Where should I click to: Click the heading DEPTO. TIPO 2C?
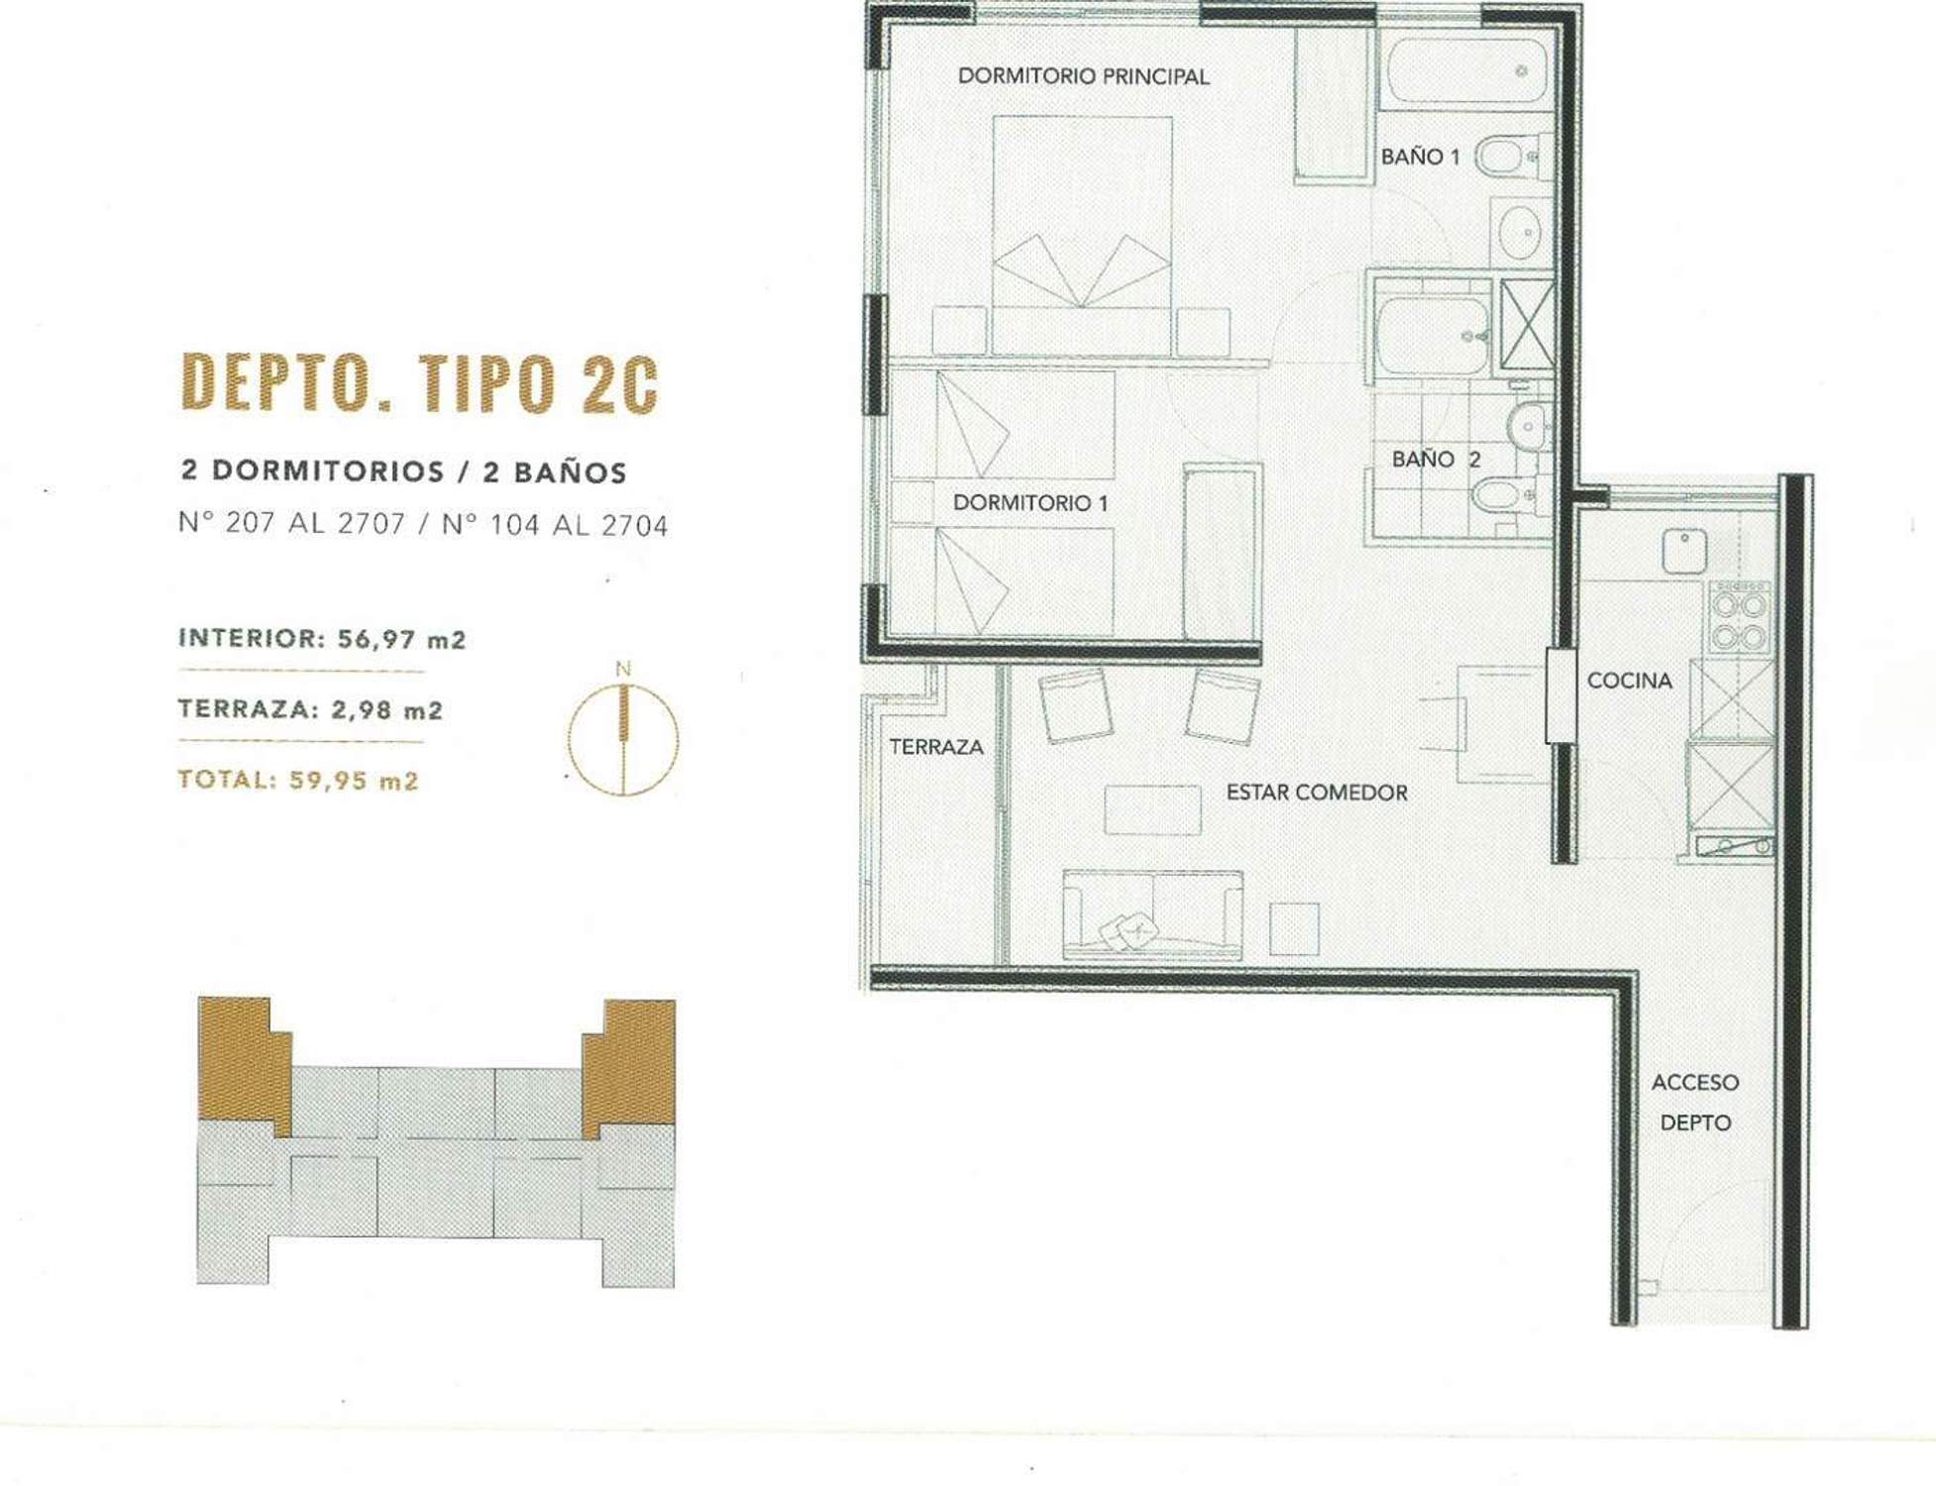point(419,382)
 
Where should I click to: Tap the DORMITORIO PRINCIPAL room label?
point(1083,76)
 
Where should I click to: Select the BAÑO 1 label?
point(1420,157)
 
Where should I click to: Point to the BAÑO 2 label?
point(1436,459)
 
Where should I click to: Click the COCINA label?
point(1629,681)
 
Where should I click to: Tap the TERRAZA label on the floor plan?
point(935,747)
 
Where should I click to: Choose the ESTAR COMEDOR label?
point(1316,793)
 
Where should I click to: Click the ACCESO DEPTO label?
point(1694,1103)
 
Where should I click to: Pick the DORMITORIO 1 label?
point(1029,502)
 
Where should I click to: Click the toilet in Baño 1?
point(1508,157)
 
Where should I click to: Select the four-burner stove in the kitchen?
point(1740,616)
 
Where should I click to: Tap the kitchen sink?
point(1683,552)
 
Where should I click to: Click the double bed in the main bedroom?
point(1082,235)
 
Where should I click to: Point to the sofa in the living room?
point(1152,914)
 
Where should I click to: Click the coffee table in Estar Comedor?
point(1152,809)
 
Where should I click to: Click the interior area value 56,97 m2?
point(401,639)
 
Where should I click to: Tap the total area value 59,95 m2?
point(354,781)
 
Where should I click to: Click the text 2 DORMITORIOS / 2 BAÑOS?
point(404,472)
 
